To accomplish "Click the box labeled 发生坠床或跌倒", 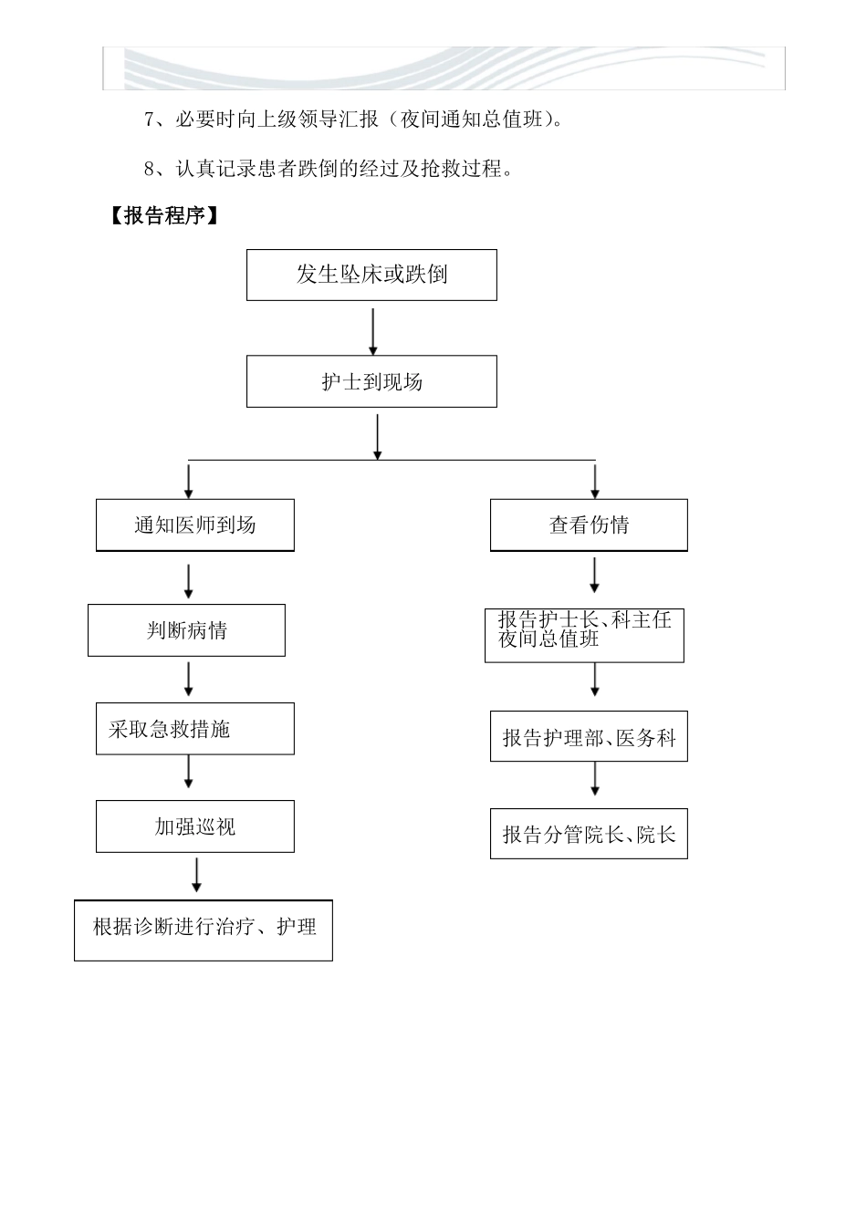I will pyautogui.click(x=371, y=275).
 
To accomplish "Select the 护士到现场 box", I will pyautogui.click(x=371, y=381).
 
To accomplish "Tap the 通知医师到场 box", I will pyautogui.click(x=195, y=525).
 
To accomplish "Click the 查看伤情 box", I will pyautogui.click(x=589, y=525).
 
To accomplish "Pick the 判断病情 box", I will pyautogui.click(x=186, y=630).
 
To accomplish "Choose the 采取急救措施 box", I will pyautogui.click(x=195, y=729).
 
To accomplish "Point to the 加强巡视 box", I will pyautogui.click(x=195, y=826).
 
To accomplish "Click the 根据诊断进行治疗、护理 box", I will pyautogui.click(x=204, y=930).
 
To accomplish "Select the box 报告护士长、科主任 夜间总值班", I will pyautogui.click(x=584, y=636).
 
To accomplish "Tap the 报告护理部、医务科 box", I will pyautogui.click(x=589, y=737).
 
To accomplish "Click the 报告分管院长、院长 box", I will pyautogui.click(x=589, y=834).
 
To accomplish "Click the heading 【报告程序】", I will pyautogui.click(x=164, y=216).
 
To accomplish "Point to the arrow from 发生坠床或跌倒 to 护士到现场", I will pyautogui.click(x=372, y=331).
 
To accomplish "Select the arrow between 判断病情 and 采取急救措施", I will pyautogui.click(x=189, y=680).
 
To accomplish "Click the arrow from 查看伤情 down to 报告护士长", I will pyautogui.click(x=595, y=575).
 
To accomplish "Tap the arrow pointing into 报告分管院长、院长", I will pyautogui.click(x=595, y=778).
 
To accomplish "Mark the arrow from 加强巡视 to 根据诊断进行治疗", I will pyautogui.click(x=196, y=875).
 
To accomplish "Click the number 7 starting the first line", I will pyautogui.click(x=150, y=119).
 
